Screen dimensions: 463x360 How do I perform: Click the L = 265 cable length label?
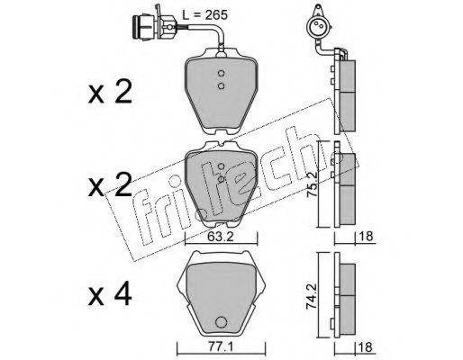pyautogui.click(x=205, y=14)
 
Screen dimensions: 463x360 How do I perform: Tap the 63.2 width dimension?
pyautogui.click(x=221, y=237)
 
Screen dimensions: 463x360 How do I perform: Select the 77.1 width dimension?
pyautogui.click(x=221, y=347)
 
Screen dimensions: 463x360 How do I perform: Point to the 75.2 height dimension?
pyautogui.click(x=311, y=183)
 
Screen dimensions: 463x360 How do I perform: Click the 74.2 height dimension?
pyautogui.click(x=311, y=296)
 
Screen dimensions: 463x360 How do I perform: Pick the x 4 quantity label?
pyautogui.click(x=110, y=295)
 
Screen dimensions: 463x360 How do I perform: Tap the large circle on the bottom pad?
pyautogui.click(x=221, y=322)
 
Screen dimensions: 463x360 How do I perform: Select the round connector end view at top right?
pyautogui.click(x=318, y=25)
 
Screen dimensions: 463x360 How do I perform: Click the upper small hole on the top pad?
pyautogui.click(x=221, y=73)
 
